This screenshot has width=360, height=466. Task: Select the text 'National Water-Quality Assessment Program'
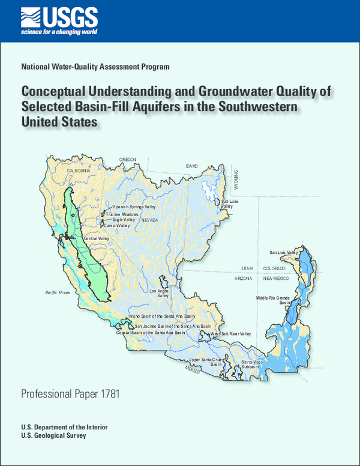(x=95, y=67)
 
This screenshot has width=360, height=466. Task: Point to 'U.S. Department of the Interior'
(x=64, y=426)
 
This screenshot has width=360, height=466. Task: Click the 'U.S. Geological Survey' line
(x=53, y=435)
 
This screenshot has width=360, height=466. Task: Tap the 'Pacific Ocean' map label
(x=58, y=292)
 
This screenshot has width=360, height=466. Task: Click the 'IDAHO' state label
(x=192, y=165)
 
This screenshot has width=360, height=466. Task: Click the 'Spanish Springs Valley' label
(x=134, y=207)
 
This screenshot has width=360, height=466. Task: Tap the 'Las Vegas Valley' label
(x=163, y=293)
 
